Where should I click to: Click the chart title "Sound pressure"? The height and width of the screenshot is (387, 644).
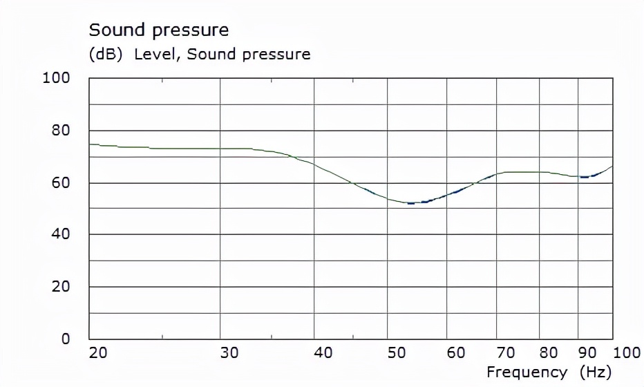[x=158, y=30]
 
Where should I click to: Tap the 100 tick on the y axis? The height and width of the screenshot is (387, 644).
[x=57, y=78]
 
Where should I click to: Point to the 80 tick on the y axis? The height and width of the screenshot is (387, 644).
[x=61, y=131]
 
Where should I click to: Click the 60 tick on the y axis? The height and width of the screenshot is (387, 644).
[x=61, y=183]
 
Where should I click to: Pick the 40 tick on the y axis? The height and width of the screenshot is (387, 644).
[x=61, y=234]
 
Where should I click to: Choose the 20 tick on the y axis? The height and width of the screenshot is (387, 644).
[x=61, y=287]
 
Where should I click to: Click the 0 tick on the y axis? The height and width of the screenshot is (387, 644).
[x=66, y=339]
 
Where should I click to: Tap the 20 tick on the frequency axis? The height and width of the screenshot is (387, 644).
[x=99, y=353]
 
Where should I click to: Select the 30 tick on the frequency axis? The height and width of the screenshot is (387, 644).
[x=229, y=353]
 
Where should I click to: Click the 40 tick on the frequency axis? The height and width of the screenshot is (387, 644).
[x=323, y=353]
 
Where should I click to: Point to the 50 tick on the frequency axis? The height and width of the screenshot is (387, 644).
[x=395, y=353]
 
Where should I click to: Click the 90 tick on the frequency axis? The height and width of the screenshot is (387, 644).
[x=587, y=353]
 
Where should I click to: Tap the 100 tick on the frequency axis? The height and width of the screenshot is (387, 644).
[x=627, y=353]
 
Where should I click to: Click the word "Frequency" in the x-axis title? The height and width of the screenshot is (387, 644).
[x=527, y=372]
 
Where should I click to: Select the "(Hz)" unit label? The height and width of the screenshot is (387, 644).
[x=596, y=372]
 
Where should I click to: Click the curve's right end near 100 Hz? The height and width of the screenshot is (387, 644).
[x=612, y=167]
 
